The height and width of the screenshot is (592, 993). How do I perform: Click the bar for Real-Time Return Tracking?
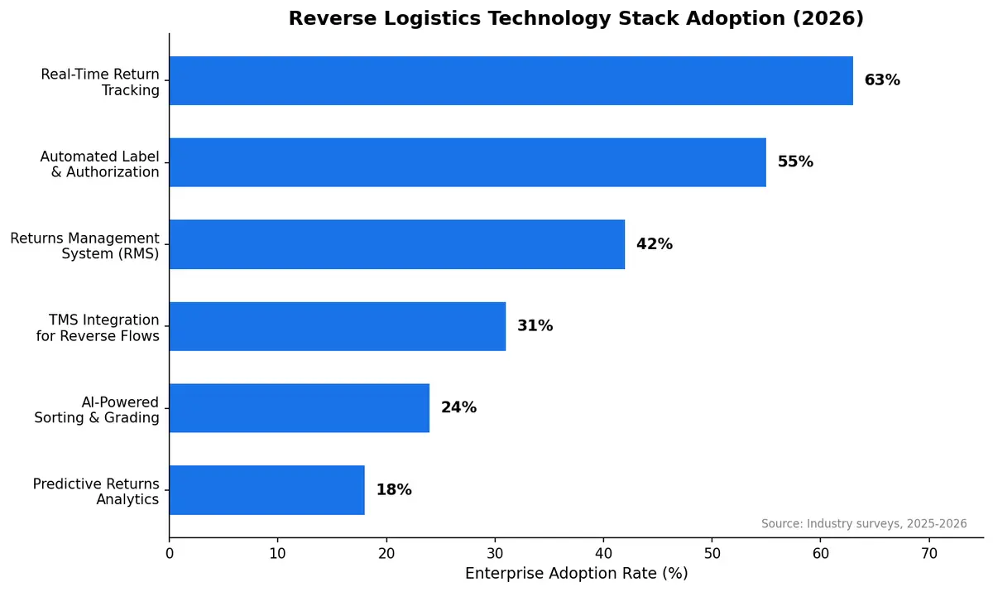(511, 80)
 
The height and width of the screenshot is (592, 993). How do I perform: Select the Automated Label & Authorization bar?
(468, 162)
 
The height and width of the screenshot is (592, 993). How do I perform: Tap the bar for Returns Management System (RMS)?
(397, 244)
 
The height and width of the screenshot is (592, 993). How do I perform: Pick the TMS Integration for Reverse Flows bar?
(338, 326)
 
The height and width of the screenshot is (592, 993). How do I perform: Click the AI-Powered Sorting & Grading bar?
(300, 407)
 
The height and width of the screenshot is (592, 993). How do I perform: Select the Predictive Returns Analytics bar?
(266, 489)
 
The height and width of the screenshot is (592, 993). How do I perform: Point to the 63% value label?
(882, 80)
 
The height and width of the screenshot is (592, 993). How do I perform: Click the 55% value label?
(795, 162)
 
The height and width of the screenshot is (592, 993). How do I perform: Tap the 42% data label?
(654, 244)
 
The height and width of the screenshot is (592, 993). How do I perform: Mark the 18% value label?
(394, 489)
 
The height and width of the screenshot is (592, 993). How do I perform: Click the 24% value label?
(458, 407)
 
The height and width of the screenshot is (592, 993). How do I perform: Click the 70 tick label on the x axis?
(929, 553)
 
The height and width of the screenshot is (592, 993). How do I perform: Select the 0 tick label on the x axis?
(170, 553)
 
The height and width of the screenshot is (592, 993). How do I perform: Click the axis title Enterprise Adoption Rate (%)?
(576, 573)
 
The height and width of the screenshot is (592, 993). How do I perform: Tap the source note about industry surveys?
(863, 524)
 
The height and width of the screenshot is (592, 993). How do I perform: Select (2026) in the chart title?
(828, 18)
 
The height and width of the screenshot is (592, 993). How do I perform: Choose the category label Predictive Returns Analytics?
(96, 491)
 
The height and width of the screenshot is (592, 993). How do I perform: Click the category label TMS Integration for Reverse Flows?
(98, 328)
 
